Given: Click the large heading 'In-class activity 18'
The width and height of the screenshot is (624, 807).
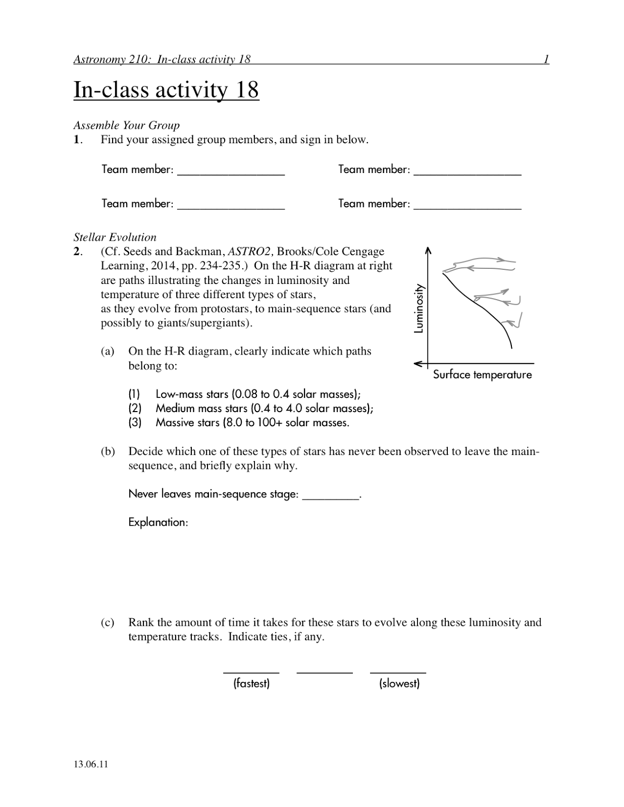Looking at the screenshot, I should tap(166, 90).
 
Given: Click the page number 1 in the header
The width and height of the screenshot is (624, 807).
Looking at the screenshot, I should tap(546, 60).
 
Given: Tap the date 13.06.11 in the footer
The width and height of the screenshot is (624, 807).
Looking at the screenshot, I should tap(91, 764).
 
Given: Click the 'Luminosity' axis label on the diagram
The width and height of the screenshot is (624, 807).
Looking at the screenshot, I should tap(419, 309).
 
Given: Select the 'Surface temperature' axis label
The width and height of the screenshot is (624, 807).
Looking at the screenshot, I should tap(482, 375).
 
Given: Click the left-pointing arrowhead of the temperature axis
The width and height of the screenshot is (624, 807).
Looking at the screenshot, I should tap(417, 363).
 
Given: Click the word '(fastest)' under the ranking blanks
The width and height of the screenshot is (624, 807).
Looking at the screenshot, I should tap(251, 683).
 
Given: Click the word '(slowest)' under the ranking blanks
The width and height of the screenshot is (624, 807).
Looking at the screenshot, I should tap(399, 683).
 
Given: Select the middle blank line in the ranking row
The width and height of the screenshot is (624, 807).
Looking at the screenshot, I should tap(325, 672).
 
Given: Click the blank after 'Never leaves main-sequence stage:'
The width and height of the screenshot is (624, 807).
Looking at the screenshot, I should tap(330, 497).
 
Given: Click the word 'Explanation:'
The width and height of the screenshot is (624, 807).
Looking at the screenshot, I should tap(158, 522).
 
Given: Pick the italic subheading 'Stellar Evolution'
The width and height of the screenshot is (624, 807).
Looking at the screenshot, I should tap(115, 237).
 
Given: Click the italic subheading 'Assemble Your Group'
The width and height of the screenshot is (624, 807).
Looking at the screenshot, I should tap(127, 125).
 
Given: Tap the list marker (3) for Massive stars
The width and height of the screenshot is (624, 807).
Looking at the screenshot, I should tap(135, 423).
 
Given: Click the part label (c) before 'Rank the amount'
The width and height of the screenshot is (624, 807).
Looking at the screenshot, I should tap(108, 622).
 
